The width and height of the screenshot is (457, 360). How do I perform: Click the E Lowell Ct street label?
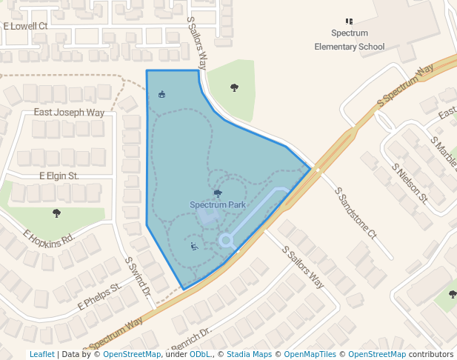(x=25, y=25)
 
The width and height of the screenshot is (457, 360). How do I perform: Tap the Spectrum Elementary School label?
(x=350, y=40)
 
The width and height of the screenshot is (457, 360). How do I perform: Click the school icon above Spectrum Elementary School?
(x=350, y=21)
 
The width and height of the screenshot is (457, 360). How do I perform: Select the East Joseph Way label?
(x=70, y=113)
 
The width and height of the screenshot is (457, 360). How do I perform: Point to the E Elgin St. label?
(x=59, y=176)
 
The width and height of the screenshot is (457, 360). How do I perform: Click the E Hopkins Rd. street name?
(x=50, y=237)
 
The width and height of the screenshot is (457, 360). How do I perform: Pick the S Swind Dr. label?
(x=138, y=278)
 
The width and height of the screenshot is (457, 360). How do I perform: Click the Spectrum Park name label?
(x=218, y=204)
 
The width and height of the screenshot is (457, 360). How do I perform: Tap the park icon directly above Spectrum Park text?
(x=218, y=193)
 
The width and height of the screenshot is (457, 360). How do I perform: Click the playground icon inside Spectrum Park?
(x=194, y=247)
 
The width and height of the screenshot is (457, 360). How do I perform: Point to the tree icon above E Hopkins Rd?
(x=57, y=213)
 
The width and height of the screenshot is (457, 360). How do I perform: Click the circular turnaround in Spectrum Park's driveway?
(x=226, y=240)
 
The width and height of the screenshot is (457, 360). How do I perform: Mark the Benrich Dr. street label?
(x=191, y=338)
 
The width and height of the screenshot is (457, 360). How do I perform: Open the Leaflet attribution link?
(x=41, y=354)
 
